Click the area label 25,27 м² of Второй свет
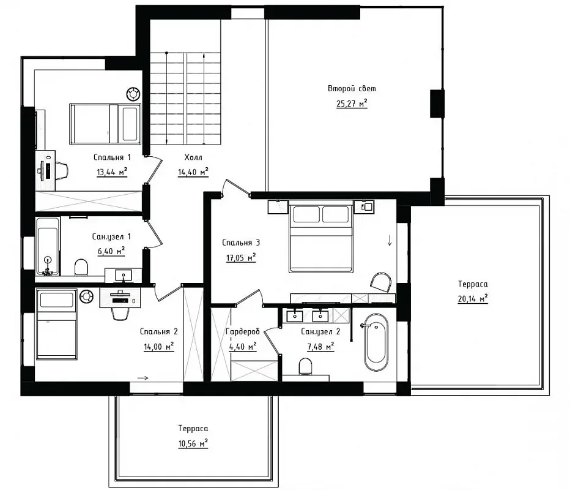352,104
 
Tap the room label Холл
193,157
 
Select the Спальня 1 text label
112,157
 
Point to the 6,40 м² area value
111,251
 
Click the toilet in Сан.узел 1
81,267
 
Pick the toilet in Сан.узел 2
305,366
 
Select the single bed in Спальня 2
57,324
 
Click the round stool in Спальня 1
133,94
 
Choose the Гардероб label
242,331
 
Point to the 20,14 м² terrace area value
473,299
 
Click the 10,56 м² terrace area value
193,444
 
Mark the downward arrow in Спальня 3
390,240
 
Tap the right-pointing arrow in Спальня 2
143,378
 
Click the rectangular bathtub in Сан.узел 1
48,246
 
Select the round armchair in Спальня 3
380,282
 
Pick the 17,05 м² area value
241,258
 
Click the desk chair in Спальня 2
120,314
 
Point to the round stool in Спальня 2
87,296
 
